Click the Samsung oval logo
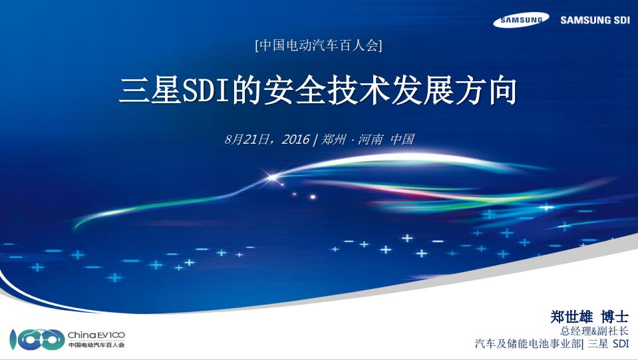tap(521, 20)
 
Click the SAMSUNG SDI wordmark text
tap(595, 20)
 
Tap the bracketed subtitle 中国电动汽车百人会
tap(319, 46)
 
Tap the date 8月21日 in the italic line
tap(249, 140)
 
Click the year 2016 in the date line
tap(295, 140)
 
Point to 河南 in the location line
tap(371, 140)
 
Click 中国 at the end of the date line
tap(402, 140)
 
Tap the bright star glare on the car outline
tap(272, 177)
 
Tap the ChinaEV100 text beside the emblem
tap(96, 335)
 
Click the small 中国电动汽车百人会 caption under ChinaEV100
tap(96, 345)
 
